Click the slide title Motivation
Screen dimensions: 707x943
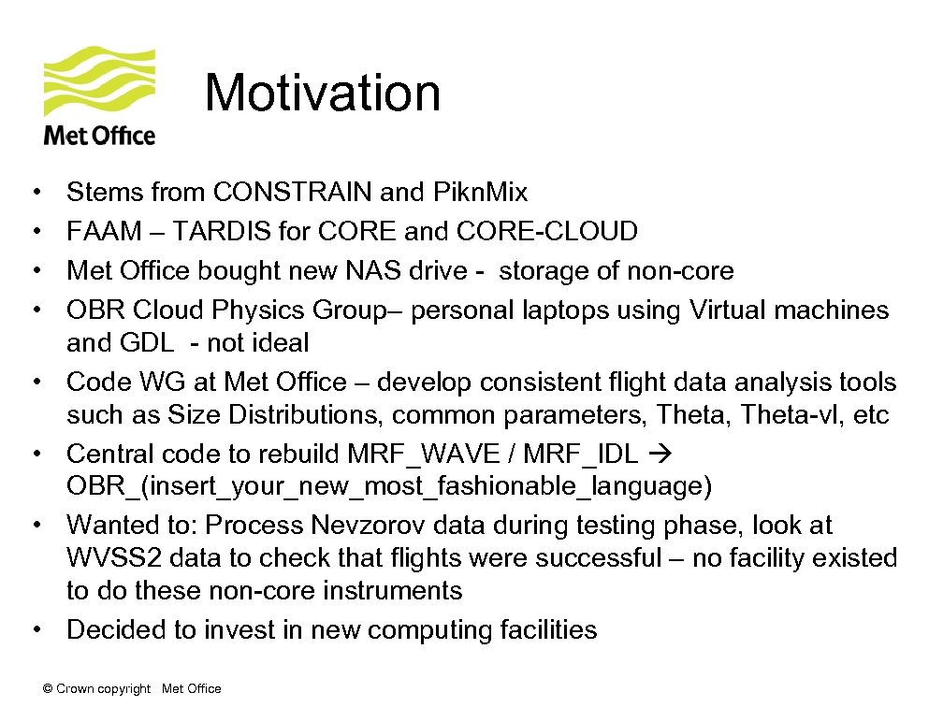tap(322, 94)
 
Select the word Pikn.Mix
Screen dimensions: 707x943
tap(481, 193)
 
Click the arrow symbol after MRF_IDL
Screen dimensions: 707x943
tap(659, 454)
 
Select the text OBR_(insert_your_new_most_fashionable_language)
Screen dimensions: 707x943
tap(389, 486)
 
